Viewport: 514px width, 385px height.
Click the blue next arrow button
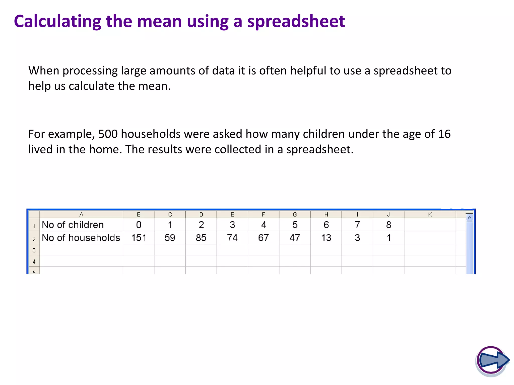(x=492, y=360)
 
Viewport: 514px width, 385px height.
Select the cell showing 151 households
(x=139, y=238)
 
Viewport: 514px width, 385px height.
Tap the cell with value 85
(x=201, y=238)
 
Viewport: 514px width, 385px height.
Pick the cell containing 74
(x=232, y=238)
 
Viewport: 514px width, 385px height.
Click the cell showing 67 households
(x=263, y=238)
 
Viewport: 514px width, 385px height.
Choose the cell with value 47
(x=295, y=238)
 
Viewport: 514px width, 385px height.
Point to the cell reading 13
(x=326, y=238)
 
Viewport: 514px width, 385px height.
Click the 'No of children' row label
(x=73, y=225)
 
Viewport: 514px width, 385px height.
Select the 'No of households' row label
(x=81, y=238)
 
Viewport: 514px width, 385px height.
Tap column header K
(x=430, y=215)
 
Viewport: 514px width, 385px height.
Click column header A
(x=81, y=215)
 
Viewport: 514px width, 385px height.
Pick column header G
(x=295, y=215)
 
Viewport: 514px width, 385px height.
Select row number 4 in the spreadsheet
(x=34, y=262)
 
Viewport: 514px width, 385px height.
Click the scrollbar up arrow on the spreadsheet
(x=469, y=218)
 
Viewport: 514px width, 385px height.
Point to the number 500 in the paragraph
(x=108, y=134)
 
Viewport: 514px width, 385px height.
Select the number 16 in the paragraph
(x=444, y=134)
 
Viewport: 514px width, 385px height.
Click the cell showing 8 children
(x=389, y=225)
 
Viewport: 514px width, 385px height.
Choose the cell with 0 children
(x=139, y=225)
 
